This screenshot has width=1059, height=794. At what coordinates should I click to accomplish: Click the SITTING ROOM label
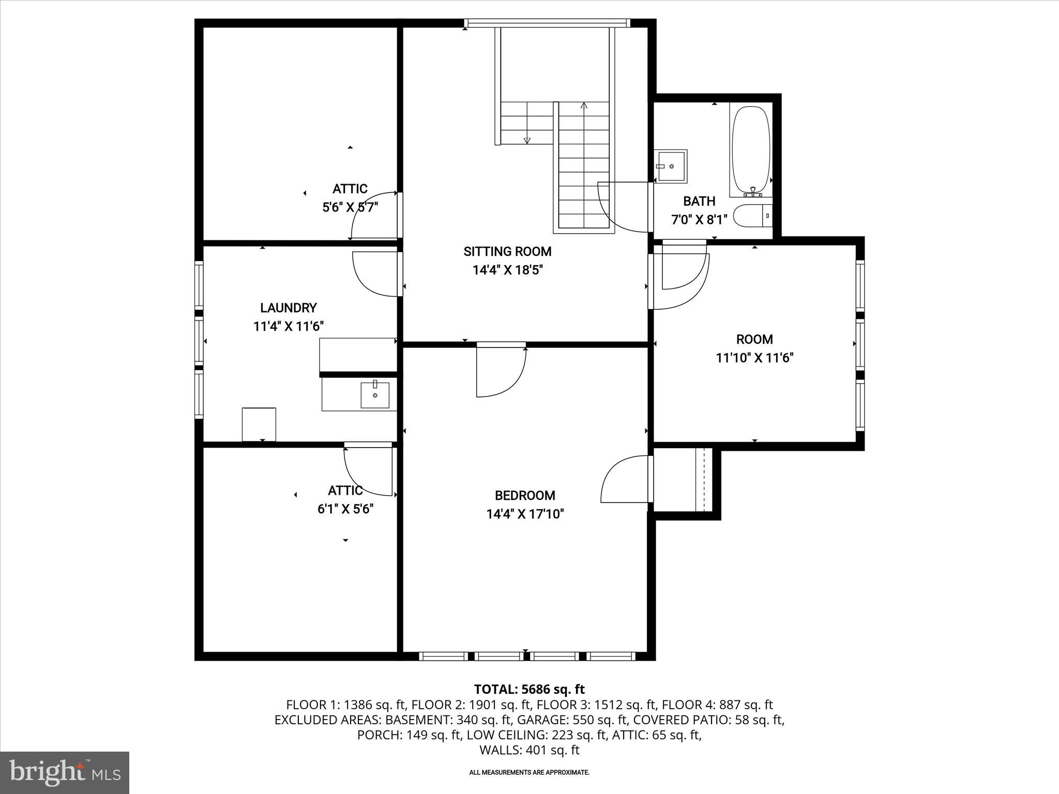point(507,252)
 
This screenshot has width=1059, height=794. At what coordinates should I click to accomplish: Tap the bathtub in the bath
point(751,150)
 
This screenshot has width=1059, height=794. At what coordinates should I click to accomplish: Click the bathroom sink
point(671,166)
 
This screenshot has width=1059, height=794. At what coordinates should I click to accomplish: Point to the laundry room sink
point(374,395)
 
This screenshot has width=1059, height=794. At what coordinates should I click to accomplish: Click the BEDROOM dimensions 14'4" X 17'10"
point(525,514)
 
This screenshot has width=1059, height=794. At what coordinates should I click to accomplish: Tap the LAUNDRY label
point(288,308)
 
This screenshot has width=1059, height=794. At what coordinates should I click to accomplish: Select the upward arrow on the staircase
point(584,106)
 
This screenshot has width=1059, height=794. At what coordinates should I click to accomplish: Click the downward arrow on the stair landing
point(527,140)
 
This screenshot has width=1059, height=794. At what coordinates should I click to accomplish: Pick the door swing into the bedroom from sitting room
point(499,373)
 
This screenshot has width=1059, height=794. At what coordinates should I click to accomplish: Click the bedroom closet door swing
point(625,479)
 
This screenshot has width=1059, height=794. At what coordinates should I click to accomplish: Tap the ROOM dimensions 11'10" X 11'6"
point(754,358)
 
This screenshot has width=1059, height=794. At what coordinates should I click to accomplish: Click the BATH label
point(699,201)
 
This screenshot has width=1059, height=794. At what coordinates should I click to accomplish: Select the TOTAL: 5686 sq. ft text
point(529,689)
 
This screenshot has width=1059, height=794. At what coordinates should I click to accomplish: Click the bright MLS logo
point(65,772)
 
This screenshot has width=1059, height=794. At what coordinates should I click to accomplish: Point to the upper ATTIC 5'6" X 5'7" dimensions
point(350,207)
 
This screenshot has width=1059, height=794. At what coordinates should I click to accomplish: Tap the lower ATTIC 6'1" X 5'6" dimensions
point(345,509)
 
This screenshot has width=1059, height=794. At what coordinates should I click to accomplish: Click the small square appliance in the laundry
point(259,424)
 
